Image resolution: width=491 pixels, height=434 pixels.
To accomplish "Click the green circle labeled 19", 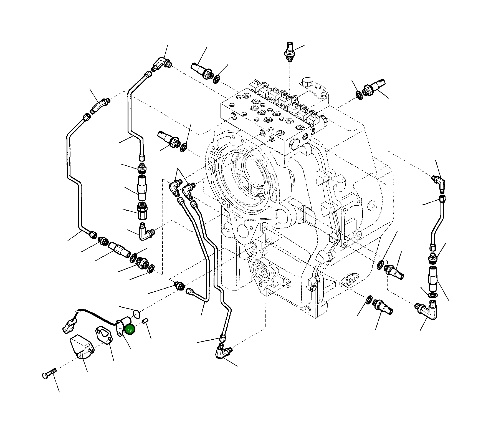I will click(x=130, y=330).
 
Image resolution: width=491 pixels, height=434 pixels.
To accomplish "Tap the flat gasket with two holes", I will click(x=104, y=335).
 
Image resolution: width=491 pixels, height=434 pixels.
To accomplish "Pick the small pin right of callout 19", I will click(x=145, y=321).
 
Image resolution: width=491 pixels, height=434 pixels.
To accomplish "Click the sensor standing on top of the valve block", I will click(x=290, y=52).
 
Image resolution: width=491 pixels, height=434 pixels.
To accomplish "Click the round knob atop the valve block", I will click(x=307, y=82).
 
